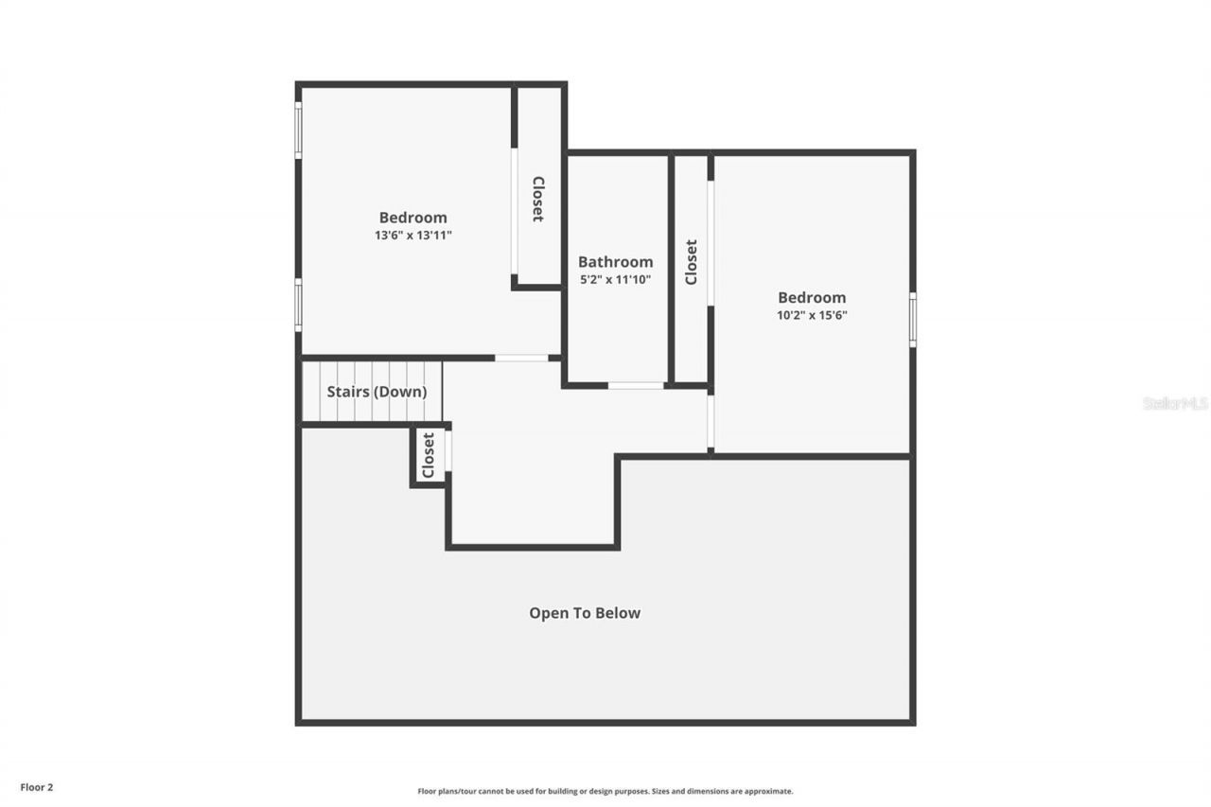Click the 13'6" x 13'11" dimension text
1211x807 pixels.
[x=413, y=236]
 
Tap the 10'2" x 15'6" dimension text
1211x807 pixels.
[x=812, y=316]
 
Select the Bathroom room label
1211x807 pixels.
[x=615, y=262]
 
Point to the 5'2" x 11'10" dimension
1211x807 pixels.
[x=615, y=280]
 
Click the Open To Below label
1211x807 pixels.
[x=584, y=613]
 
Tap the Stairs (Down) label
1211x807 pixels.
[x=377, y=392]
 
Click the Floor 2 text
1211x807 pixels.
[x=37, y=786]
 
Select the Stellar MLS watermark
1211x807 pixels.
[x=1175, y=403]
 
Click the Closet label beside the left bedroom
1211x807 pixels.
[x=537, y=199]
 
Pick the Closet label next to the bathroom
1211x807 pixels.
[x=691, y=262]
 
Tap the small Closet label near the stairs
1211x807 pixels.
[x=428, y=455]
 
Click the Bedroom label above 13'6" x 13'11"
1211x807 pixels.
[x=413, y=218]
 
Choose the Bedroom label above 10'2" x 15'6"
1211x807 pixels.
[x=812, y=298]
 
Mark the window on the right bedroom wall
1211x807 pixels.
[x=913, y=320]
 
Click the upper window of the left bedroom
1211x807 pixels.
[x=298, y=130]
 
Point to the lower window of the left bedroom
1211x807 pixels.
[x=298, y=305]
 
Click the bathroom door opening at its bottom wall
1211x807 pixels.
[x=635, y=385]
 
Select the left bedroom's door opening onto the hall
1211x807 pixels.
[x=521, y=358]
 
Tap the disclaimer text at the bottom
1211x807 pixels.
[x=605, y=791]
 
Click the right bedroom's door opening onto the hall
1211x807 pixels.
[x=710, y=422]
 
